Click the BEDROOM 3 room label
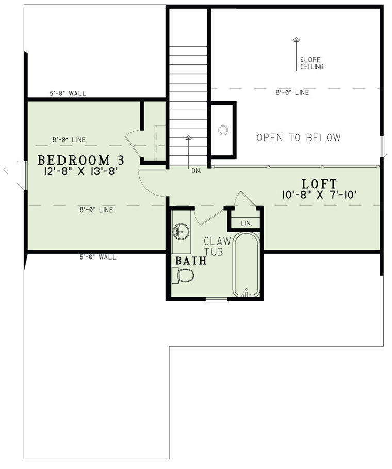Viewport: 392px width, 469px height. [81, 160]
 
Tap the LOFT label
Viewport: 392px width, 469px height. [319, 184]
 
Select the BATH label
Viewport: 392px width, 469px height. [191, 261]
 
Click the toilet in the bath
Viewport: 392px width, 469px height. [183, 275]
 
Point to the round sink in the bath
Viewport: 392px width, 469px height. [181, 231]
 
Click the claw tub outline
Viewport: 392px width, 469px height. [246, 265]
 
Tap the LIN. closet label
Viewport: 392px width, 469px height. [246, 223]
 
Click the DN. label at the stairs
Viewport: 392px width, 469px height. [197, 171]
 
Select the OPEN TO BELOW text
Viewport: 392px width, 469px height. [299, 138]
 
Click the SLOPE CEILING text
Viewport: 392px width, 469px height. [312, 63]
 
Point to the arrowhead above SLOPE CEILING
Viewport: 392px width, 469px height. [296, 39]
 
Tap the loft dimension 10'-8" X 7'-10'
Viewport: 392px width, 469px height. [319, 195]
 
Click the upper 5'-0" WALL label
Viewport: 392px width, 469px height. [68, 93]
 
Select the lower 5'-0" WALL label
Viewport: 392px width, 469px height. [98, 257]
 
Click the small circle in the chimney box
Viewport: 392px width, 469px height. [223, 130]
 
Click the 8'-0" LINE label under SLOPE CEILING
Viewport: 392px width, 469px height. [292, 93]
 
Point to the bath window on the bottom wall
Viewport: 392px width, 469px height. [216, 299]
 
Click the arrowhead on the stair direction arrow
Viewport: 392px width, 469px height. [188, 137]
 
